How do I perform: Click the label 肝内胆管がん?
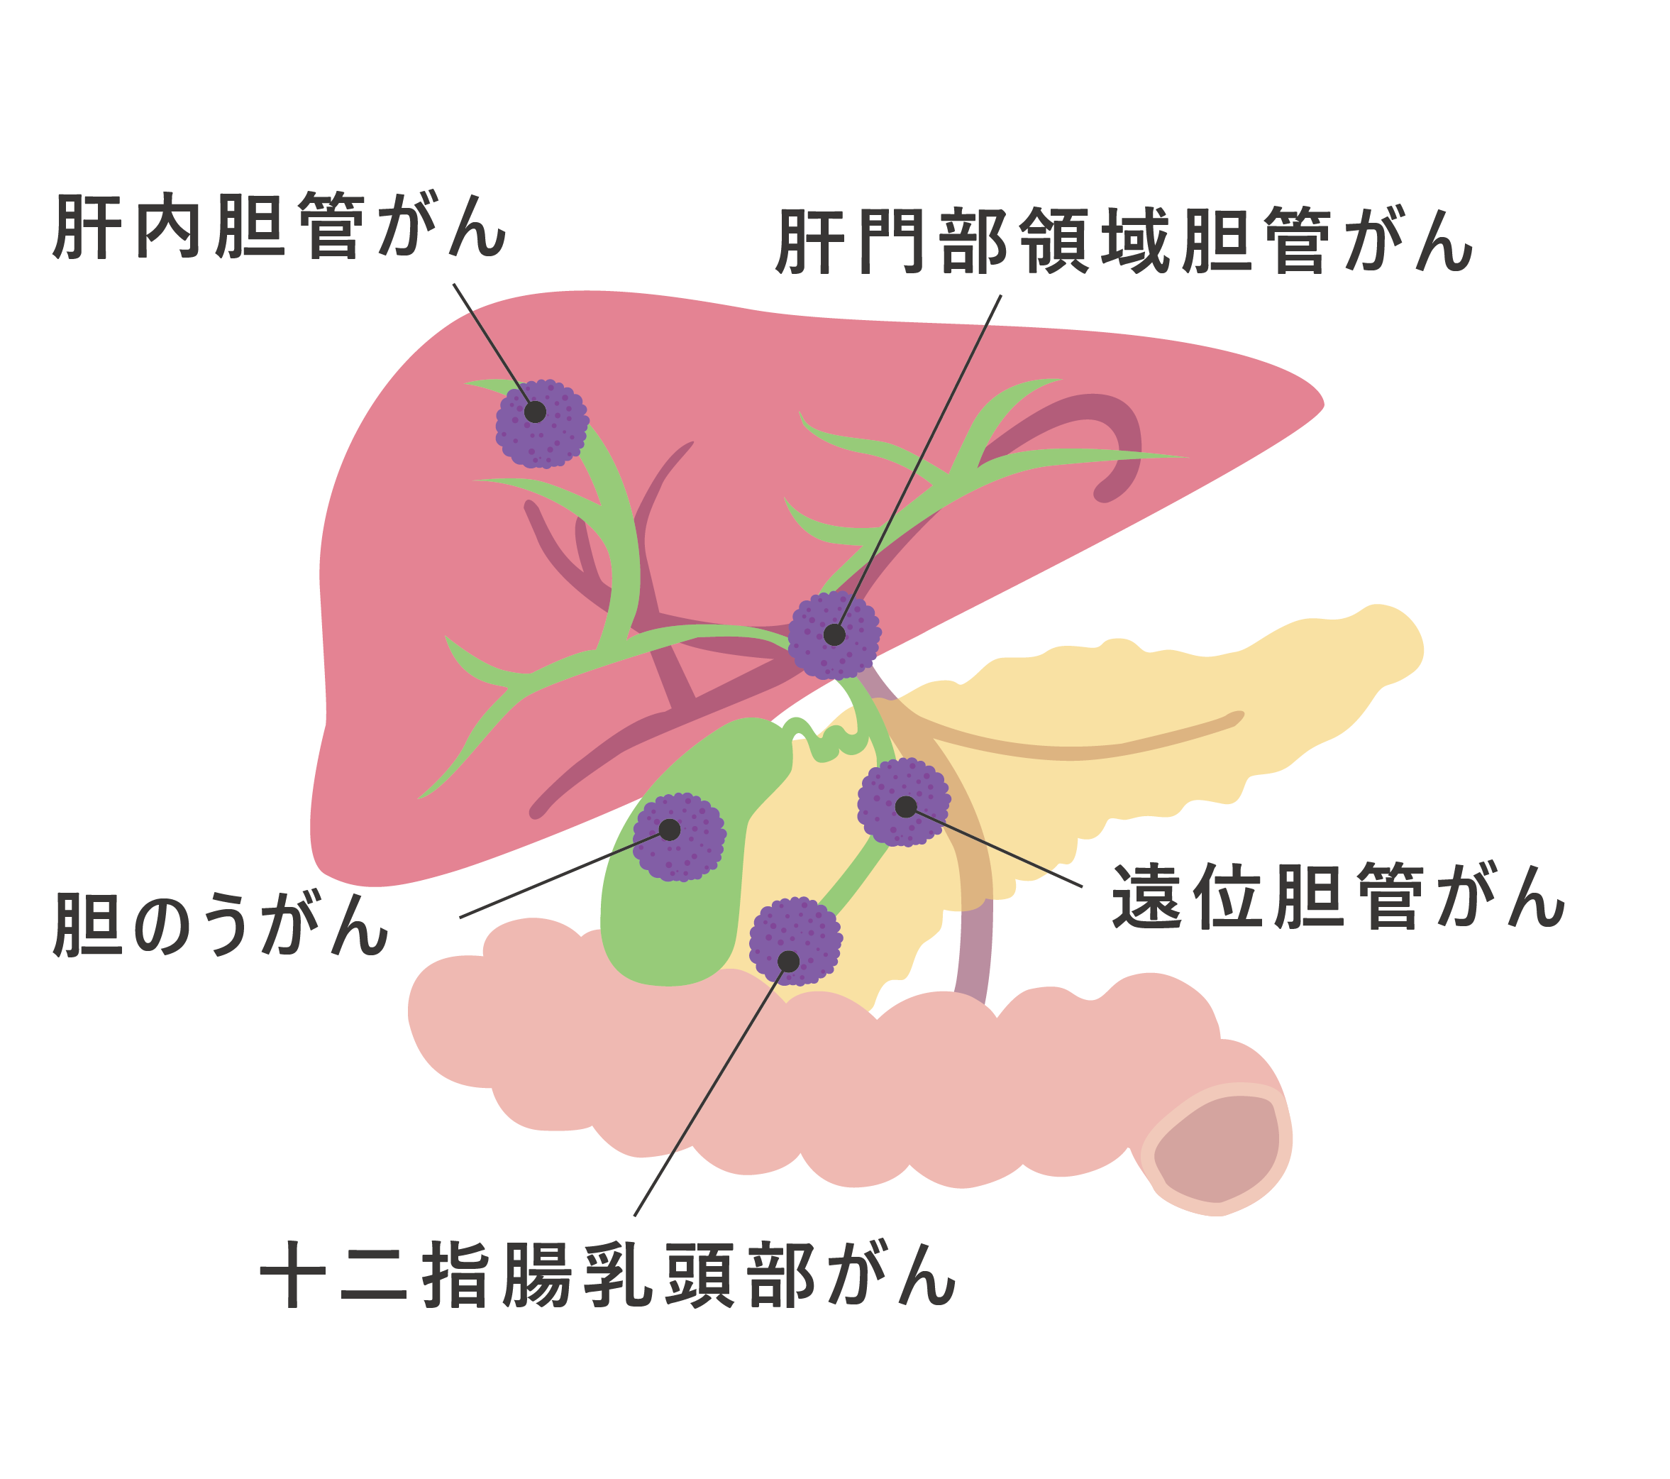point(280,226)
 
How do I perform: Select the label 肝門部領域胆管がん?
point(1124,241)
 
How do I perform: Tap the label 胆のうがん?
point(221,924)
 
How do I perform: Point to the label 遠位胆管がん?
point(1338,896)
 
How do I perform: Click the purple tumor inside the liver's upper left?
point(543,423)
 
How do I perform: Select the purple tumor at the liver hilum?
point(834,635)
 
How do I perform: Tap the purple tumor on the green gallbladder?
point(679,837)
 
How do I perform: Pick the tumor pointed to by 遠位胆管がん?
point(904,802)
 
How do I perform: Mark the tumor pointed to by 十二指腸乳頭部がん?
point(795,940)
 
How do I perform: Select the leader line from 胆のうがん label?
point(565,874)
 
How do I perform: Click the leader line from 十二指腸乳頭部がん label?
point(711,1089)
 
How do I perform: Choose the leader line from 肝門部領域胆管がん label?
point(917,465)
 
